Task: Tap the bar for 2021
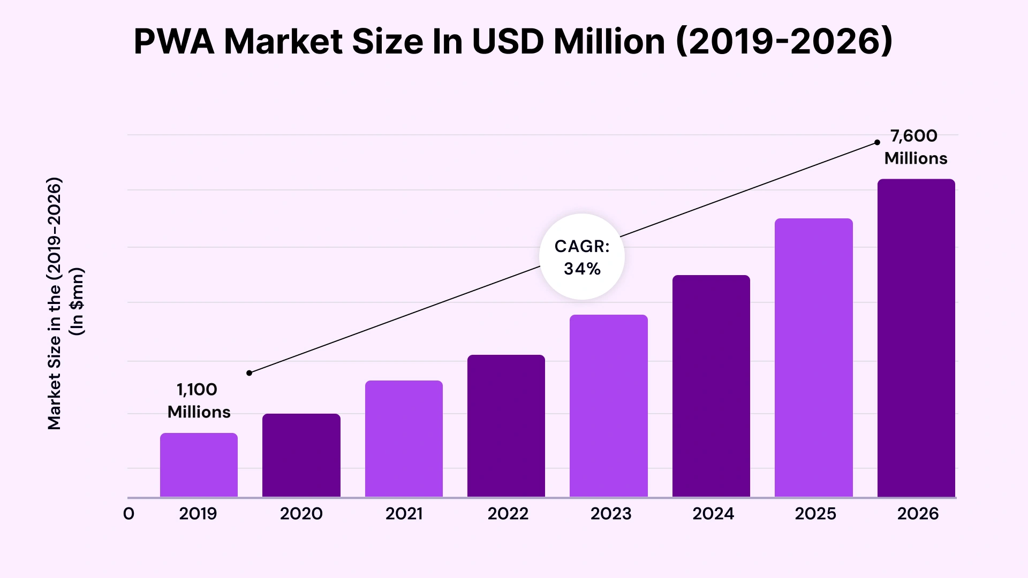coord(404,438)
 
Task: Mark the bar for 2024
coord(711,386)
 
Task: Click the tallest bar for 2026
coord(916,338)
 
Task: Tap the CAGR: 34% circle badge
coord(582,257)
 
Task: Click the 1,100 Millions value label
coord(199,400)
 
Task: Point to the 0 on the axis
coord(128,514)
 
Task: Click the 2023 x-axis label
coord(611,514)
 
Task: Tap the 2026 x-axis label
coord(918,514)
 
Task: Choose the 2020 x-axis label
coord(301,514)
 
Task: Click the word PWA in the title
coord(173,42)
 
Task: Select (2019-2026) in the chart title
coord(784,42)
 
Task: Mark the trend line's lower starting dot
coord(249,373)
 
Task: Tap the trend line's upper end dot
coord(877,142)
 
